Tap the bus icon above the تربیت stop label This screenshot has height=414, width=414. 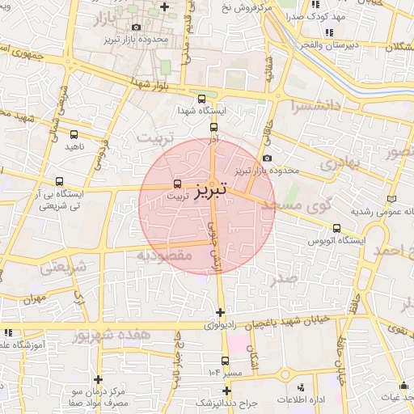pos(178,184)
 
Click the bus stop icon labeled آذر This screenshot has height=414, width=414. pos(213,127)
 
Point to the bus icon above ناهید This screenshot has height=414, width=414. pos(74,135)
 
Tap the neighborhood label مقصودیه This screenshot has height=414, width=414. pos(163,256)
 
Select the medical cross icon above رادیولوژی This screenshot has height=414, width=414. pos(220,312)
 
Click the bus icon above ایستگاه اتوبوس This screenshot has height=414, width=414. pos(336,228)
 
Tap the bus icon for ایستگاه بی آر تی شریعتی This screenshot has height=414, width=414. pos(59,182)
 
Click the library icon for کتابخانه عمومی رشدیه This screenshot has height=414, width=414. pos(392,198)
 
